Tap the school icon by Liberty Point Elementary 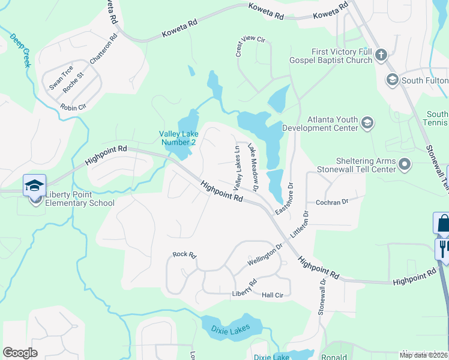(x=35, y=185)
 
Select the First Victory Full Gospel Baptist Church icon (x=381, y=56)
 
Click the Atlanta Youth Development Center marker (x=367, y=124)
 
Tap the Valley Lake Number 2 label (x=177, y=138)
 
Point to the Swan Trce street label (x=61, y=77)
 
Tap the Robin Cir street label (x=73, y=107)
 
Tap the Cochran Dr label (x=332, y=203)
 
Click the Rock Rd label (x=184, y=255)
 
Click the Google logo (x=20, y=353)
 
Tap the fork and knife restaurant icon (x=443, y=248)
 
